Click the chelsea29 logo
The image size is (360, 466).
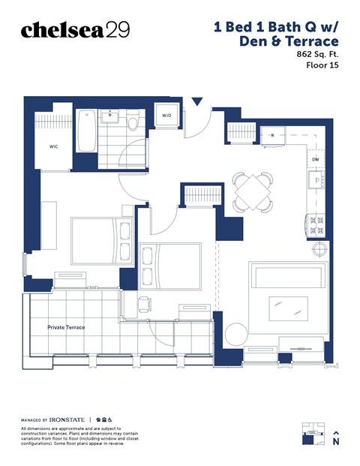pyautogui.click(x=75, y=29)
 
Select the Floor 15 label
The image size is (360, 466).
pyautogui.click(x=322, y=65)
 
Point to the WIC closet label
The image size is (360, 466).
pyautogui.click(x=54, y=147)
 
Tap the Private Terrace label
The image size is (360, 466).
pyautogui.click(x=66, y=328)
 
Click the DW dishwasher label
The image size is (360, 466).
pyautogui.click(x=315, y=159)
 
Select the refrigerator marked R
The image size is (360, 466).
pyautogui.click(x=272, y=135)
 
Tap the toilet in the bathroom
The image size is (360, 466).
pyautogui.click(x=133, y=121)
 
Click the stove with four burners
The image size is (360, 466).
pyautogui.click(x=315, y=223)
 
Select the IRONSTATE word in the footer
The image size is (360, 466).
pyautogui.click(x=65, y=419)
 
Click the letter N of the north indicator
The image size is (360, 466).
pyautogui.click(x=336, y=442)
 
